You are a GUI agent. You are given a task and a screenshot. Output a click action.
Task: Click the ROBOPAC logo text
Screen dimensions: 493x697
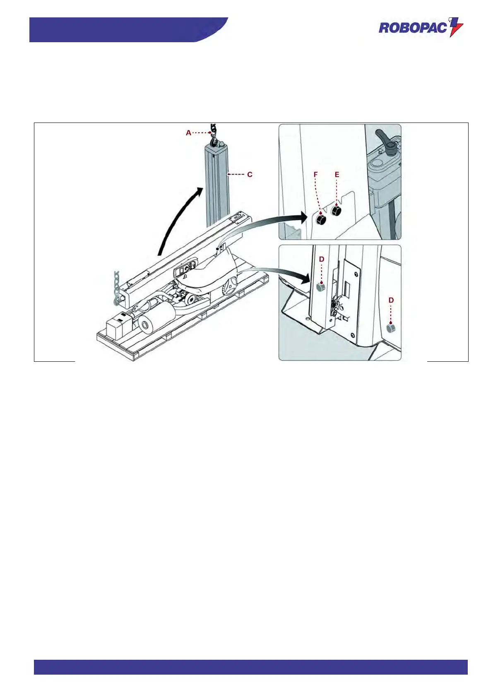[x=413, y=28]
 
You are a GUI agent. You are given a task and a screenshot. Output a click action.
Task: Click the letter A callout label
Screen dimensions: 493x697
[x=189, y=133]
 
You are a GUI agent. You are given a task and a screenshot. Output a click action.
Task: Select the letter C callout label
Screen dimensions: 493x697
[x=250, y=175]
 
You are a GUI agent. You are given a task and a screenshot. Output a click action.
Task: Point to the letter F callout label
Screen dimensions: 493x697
[x=316, y=175]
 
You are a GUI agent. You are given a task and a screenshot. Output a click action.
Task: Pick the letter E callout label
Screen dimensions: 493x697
[x=337, y=175]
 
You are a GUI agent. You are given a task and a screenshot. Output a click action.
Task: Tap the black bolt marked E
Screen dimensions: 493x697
[x=337, y=211]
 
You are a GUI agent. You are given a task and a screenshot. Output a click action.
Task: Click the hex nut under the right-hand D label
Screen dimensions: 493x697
[x=390, y=328]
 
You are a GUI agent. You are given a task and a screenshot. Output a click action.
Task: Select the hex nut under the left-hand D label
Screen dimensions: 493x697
[x=320, y=286]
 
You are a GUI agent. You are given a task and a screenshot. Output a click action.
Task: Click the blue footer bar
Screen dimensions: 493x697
[x=250, y=667]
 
